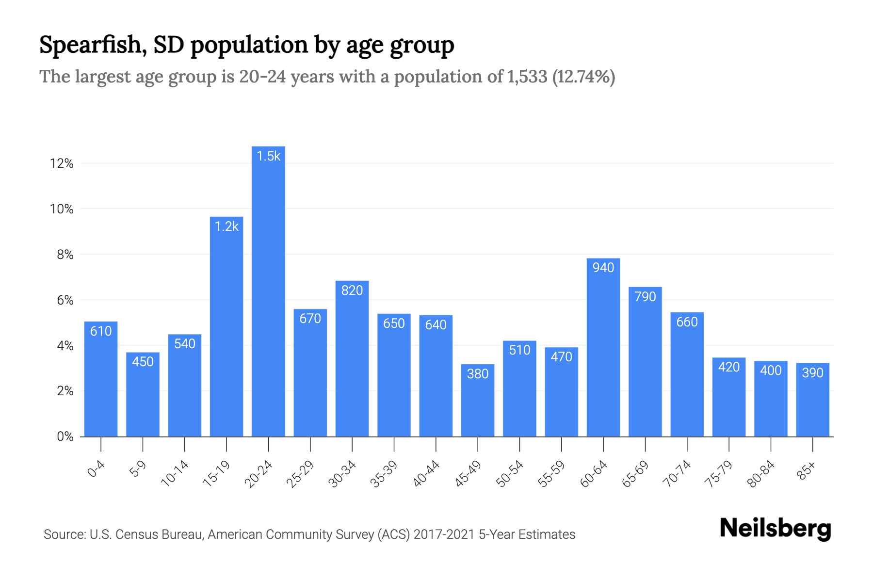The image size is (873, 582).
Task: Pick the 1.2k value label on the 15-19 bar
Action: [x=226, y=226]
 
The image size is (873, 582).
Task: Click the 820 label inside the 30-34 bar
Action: [x=352, y=291]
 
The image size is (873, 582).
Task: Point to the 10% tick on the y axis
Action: [x=62, y=209]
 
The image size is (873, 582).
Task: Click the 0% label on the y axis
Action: [x=65, y=436]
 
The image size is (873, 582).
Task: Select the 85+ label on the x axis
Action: [x=807, y=471]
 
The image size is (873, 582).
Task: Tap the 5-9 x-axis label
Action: [x=138, y=469]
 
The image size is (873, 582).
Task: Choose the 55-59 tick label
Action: [x=551, y=474]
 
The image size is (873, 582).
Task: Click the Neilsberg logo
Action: [x=775, y=529]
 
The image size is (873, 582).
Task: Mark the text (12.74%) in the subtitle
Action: [x=584, y=77]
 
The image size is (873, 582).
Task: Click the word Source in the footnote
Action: [x=63, y=534]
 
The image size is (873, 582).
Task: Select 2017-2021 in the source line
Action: [x=444, y=534]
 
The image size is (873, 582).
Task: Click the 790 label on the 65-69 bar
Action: [x=645, y=297]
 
